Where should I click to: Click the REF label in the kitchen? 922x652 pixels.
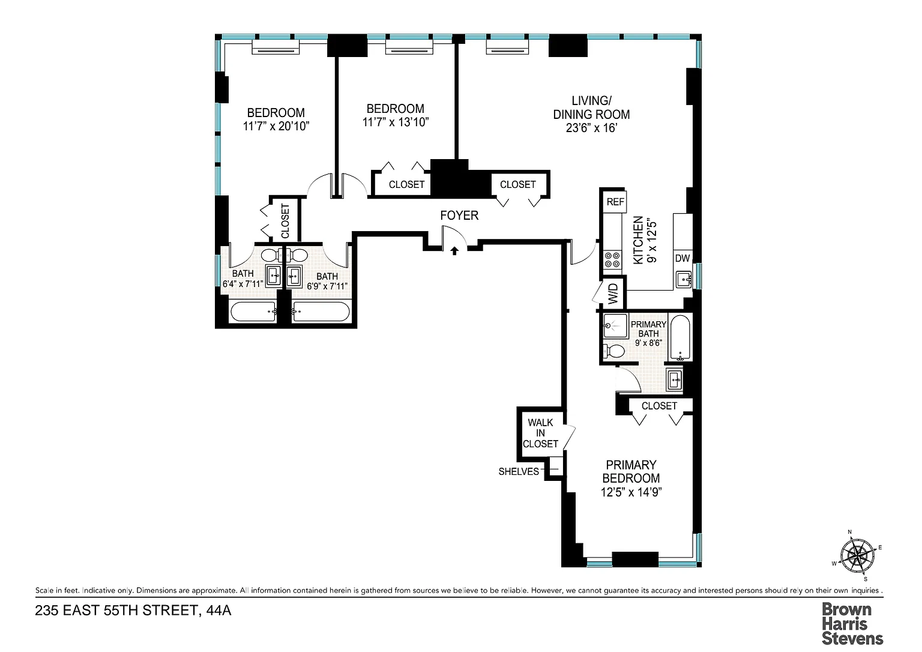point(615,202)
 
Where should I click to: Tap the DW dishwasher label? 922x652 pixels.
point(682,259)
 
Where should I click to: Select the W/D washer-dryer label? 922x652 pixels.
point(613,294)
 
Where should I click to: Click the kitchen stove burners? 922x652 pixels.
point(612,260)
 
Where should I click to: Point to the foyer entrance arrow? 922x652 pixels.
point(454,251)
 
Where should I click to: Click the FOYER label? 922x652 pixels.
point(459,216)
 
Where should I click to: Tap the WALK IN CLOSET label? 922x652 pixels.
point(540,433)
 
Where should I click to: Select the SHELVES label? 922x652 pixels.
point(519,472)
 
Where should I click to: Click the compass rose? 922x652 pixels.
point(857,557)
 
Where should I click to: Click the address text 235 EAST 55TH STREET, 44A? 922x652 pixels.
point(133,611)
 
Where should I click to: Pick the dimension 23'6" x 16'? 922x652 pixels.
point(591,128)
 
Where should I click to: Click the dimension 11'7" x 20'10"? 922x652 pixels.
point(276,126)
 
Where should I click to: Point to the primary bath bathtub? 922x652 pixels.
point(680,337)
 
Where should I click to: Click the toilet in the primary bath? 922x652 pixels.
point(613,351)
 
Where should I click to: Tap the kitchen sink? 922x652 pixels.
point(683,280)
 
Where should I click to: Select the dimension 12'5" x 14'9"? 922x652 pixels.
point(631,492)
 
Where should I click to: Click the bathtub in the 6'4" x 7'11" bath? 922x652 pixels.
point(253,312)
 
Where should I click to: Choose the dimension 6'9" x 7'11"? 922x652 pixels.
point(327,286)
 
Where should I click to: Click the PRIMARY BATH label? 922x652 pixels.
point(648,329)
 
